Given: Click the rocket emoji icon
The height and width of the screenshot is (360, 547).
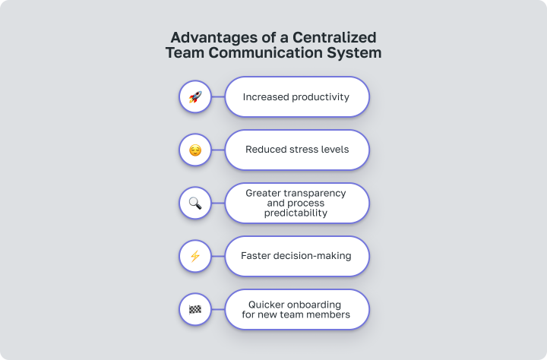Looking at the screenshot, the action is pos(195,97).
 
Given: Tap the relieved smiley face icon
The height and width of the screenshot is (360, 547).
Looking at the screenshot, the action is pos(195,150).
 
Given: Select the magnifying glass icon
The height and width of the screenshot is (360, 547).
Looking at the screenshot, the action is pos(195,203).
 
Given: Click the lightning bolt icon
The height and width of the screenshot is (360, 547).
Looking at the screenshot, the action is pos(195,256).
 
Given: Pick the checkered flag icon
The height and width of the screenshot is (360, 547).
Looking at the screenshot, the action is pos(195,309).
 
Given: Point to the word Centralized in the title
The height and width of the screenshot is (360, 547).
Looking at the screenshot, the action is pos(334,37).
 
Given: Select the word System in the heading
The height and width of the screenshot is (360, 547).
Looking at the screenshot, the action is pos(354,53).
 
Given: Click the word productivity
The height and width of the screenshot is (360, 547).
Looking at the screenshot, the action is pos(321,97).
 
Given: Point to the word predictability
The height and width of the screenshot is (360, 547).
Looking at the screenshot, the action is pos(296,213).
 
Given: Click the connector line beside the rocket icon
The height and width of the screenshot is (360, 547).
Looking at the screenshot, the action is pos(218,97).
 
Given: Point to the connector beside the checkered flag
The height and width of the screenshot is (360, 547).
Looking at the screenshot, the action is pos(218,309).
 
